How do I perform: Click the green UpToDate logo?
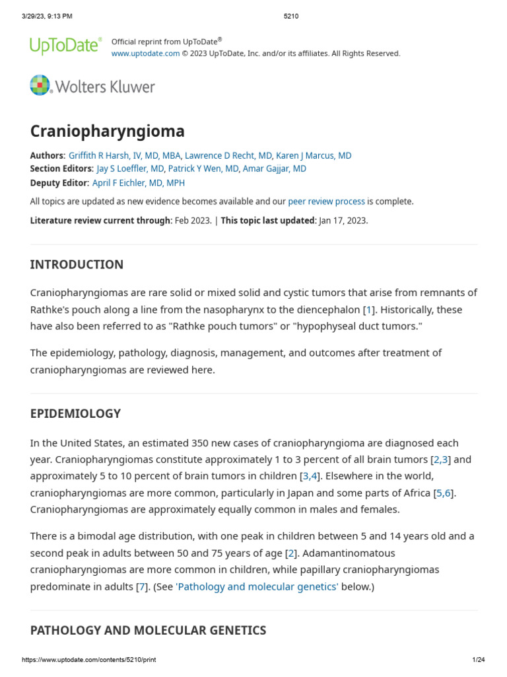click(x=65, y=45)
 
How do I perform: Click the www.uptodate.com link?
click(x=145, y=54)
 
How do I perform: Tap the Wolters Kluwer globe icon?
click(x=40, y=86)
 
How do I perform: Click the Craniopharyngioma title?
click(x=107, y=131)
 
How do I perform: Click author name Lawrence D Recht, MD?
click(x=228, y=156)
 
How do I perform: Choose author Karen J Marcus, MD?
click(x=314, y=156)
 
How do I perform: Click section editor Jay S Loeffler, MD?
click(x=129, y=169)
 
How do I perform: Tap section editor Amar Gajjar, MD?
click(x=275, y=169)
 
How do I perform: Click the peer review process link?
click(x=326, y=202)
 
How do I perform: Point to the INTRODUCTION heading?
click(x=77, y=264)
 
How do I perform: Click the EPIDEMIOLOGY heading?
click(x=75, y=414)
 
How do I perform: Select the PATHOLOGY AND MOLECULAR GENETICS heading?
click(x=148, y=630)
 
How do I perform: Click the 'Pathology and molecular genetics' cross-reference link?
click(x=257, y=586)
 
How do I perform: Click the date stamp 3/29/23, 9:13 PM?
click(x=47, y=16)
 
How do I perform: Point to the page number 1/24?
click(x=479, y=660)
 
